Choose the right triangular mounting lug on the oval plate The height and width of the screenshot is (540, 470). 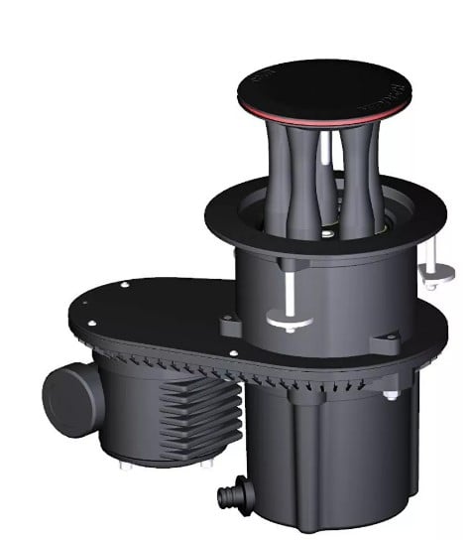[384, 343]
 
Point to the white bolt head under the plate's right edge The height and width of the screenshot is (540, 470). [392, 395]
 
